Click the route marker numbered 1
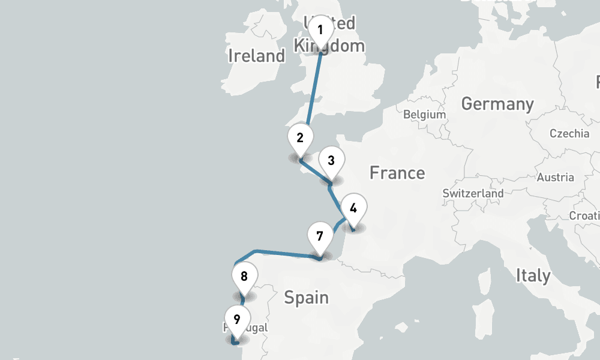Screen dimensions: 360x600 pyautogui.click(x=320, y=30)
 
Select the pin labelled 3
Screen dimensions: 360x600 pyautogui.click(x=331, y=161)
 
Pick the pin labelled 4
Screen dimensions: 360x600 pyautogui.click(x=353, y=209)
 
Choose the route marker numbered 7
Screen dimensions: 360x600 pyautogui.click(x=320, y=236)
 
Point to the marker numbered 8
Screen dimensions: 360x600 pyautogui.click(x=244, y=277)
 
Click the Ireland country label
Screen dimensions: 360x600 pyautogui.click(x=256, y=56)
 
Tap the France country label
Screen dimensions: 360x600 pyautogui.click(x=397, y=173)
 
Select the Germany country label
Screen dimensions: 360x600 pyautogui.click(x=497, y=104)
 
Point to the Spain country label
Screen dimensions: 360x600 pyautogui.click(x=306, y=297)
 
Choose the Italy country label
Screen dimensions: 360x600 pyautogui.click(x=533, y=275)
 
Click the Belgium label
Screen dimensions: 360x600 pyautogui.click(x=424, y=115)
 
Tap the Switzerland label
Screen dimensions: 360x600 pyautogui.click(x=473, y=194)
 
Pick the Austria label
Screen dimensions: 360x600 pyautogui.click(x=555, y=178)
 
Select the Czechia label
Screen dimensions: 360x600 pyautogui.click(x=569, y=133)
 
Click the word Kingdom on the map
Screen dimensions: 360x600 pyautogui.click(x=329, y=46)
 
